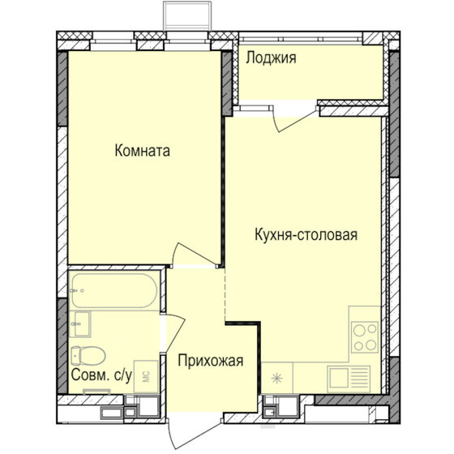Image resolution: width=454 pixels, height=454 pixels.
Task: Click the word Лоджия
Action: tap(271, 58)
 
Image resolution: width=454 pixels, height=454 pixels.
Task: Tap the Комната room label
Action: tap(143, 150)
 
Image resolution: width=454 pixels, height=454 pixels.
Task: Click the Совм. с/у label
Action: tap(102, 376)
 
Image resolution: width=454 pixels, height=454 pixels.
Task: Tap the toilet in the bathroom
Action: tap(85, 355)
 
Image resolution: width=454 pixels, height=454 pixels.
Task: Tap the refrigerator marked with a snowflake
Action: tap(278, 379)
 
